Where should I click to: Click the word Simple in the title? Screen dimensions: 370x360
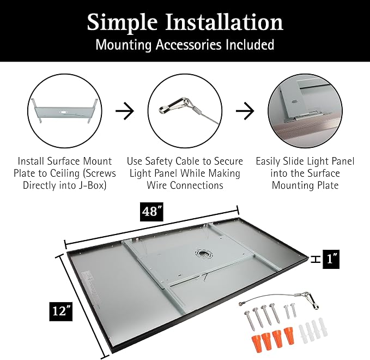122,23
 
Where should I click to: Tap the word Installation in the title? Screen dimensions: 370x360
224,22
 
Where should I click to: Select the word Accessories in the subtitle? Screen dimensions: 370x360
189,44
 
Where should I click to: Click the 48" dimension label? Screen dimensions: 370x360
151,212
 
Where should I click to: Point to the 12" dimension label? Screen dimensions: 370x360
61,311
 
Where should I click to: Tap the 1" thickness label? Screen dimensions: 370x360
331,259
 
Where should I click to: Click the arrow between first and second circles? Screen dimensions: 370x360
125,111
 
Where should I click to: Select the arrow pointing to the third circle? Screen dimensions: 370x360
245,111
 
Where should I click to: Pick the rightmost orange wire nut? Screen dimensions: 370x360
289,335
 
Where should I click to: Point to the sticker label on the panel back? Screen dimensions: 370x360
92,288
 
